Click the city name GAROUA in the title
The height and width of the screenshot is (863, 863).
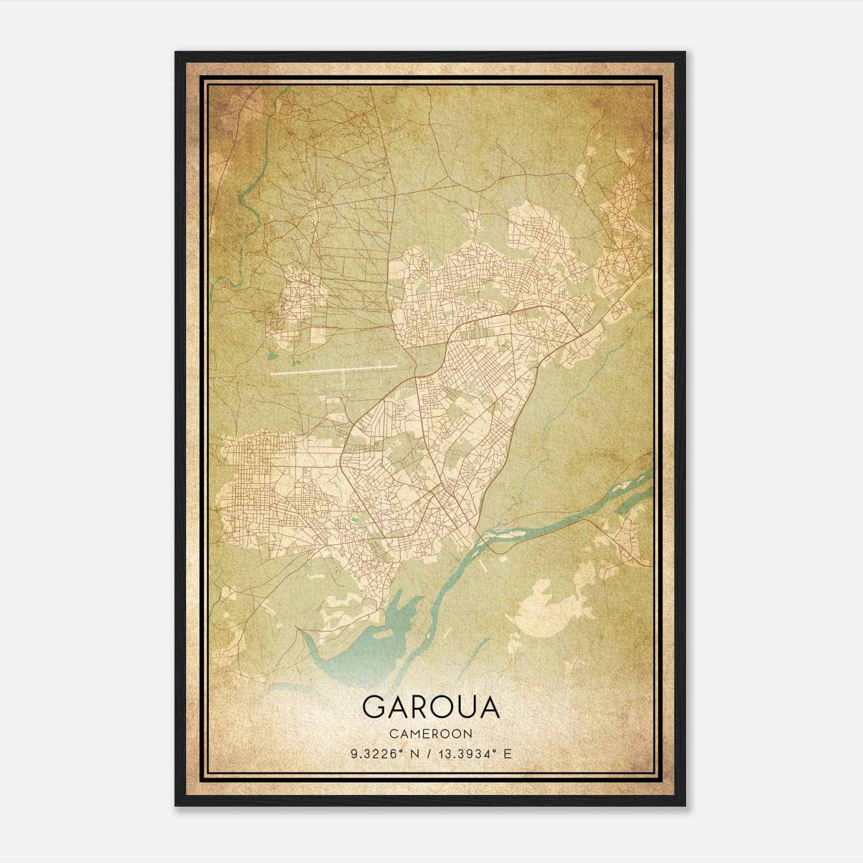point(431,707)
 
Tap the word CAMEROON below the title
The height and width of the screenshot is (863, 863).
point(431,734)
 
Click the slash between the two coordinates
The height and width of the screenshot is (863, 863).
point(427,754)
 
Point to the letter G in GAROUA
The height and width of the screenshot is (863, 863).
point(373,707)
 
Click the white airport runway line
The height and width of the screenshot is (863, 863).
point(324,371)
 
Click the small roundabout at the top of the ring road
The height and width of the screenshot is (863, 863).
point(510,312)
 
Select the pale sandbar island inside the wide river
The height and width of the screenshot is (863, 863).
point(504,534)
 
